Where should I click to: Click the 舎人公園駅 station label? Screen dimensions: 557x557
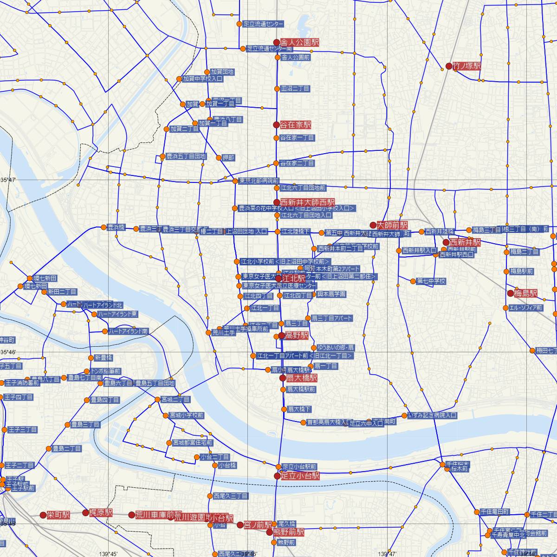(300, 42)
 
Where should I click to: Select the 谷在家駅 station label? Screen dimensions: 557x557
(296, 125)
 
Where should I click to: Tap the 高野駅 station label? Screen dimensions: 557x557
(297, 336)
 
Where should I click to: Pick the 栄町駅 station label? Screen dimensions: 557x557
(58, 515)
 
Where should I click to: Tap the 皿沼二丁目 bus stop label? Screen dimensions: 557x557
(295, 88)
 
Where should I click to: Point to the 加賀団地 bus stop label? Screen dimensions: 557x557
(222, 72)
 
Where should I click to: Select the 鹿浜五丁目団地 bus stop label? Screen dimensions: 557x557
(186, 156)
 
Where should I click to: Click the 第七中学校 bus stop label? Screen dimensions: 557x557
(431, 281)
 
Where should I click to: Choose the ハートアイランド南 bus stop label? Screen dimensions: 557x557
(128, 331)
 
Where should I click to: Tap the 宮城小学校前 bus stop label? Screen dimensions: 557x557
(186, 415)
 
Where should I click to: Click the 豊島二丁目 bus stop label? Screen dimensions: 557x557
(67, 449)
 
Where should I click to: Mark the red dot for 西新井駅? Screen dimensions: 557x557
(446, 242)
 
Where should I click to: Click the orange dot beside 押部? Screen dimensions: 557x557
(219, 158)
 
